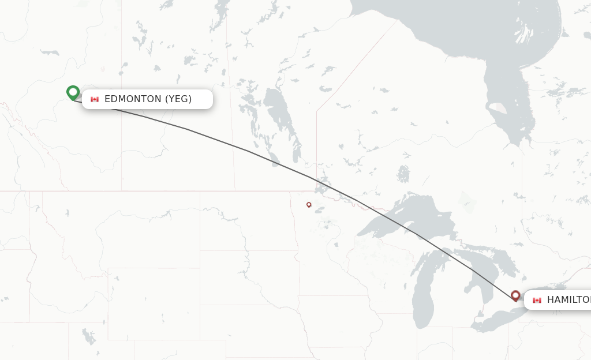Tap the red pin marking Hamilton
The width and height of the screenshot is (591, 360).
515,295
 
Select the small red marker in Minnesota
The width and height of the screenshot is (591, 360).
309,204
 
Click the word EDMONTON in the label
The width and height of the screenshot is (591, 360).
133,99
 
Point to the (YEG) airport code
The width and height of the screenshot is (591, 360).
178,99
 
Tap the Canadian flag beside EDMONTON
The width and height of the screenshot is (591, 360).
95,99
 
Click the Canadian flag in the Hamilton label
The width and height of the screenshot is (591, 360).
537,300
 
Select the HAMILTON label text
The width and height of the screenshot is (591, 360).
568,299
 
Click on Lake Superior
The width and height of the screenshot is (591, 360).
404,216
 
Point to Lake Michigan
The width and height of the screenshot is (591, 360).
427,288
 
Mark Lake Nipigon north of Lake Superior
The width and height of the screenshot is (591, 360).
403,173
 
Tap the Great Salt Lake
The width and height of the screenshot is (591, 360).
88,336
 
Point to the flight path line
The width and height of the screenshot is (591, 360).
248,151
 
